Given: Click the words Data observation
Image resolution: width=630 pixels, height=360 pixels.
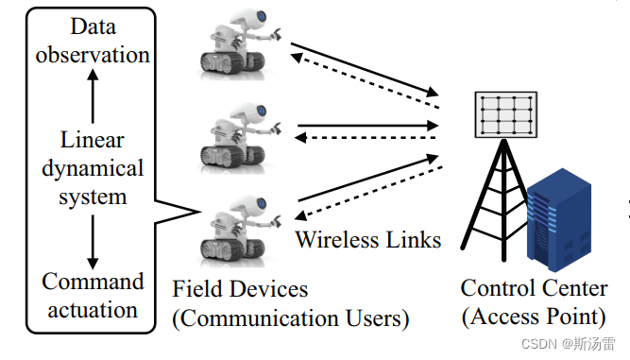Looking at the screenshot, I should (92, 40).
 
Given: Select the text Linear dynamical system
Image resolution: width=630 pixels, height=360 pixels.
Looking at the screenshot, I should (92, 168).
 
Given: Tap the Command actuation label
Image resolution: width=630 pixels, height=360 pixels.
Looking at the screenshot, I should (92, 295).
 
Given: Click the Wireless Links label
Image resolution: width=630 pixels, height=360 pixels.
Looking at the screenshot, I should (367, 239).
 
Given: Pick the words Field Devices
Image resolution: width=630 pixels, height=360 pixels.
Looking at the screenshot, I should (240, 288).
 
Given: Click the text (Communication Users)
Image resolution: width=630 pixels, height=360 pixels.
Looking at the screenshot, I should (290, 318).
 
